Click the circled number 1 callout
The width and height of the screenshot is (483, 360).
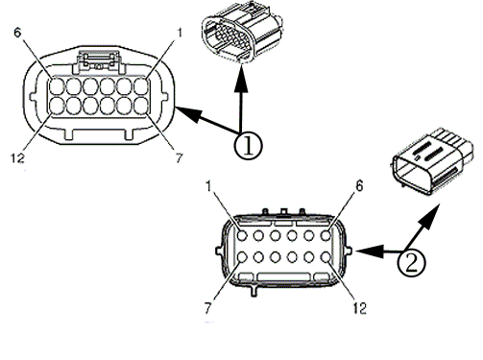pos(248,146)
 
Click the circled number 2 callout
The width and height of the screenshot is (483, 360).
pos(411,262)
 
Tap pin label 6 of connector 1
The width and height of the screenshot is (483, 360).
pos(17,33)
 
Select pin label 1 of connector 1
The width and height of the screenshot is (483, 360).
pos(180,33)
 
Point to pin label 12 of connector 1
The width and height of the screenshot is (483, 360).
pos(18,158)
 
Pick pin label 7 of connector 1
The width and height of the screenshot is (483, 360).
pos(180,158)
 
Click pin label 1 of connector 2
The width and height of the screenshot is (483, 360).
pos(208,186)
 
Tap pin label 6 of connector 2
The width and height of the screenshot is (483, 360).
pos(360,186)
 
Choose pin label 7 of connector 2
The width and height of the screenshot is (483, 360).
pos(208,308)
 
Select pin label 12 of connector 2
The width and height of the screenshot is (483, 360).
pos(359,308)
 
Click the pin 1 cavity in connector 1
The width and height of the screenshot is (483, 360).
pos(141,86)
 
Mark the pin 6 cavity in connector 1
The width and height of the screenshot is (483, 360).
pos(57,86)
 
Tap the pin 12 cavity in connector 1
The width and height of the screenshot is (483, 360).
pos(57,106)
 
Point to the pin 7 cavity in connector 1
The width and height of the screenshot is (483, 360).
pos(141,106)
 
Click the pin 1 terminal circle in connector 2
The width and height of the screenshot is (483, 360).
pos(242,236)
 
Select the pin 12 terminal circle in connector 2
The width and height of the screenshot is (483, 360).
pos(326,257)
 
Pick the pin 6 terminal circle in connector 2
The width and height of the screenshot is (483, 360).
pos(326,236)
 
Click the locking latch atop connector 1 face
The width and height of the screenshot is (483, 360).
pos(99,61)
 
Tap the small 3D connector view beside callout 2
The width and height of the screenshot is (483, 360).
pos(432,161)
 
